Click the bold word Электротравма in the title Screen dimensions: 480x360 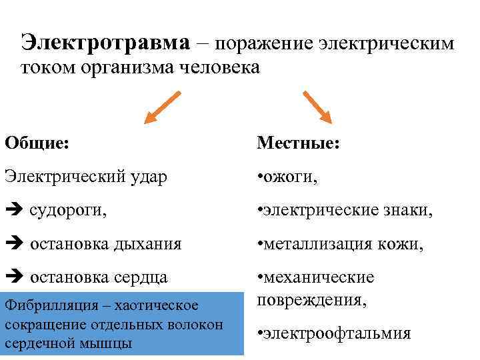click(105, 43)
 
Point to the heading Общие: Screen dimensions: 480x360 click(37, 143)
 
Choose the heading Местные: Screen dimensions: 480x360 click(299, 143)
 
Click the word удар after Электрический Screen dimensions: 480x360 click(147, 177)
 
